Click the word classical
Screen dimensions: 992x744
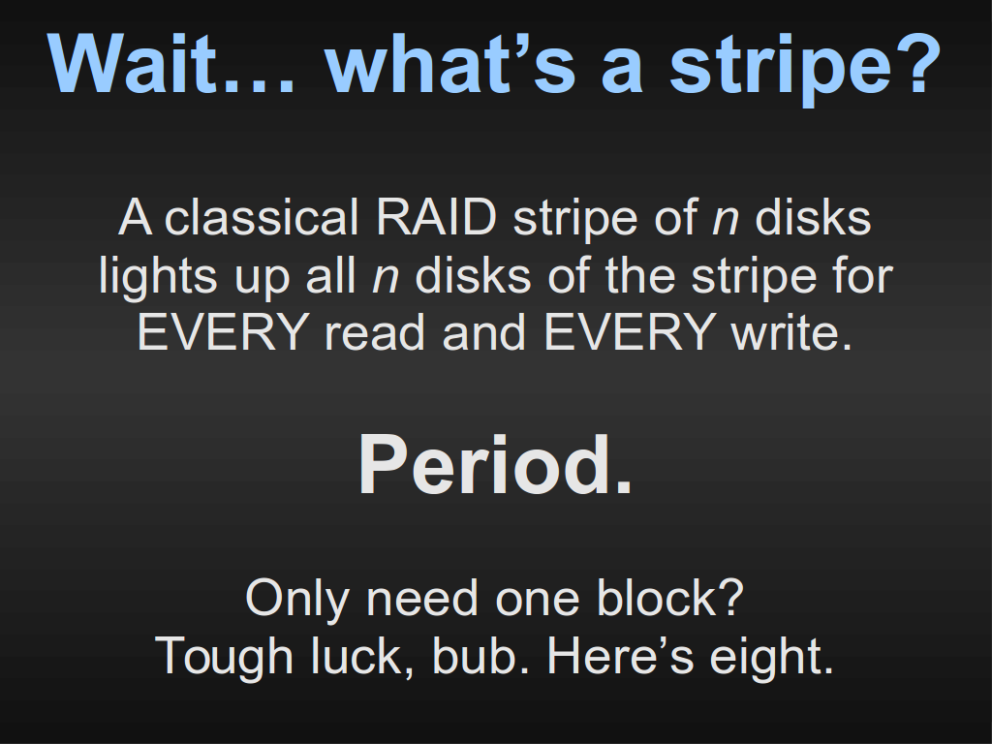point(262,218)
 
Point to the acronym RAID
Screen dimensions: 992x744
point(436,218)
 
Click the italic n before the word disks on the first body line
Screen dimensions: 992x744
point(725,220)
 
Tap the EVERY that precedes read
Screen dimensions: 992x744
point(223,332)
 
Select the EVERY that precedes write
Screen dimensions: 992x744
point(630,332)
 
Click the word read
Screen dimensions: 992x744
point(375,332)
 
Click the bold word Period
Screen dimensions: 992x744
point(495,465)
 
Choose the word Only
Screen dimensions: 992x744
point(297,598)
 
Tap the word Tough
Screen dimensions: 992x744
point(224,657)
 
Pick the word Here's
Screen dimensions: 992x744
point(621,656)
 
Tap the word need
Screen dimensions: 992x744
point(422,597)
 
